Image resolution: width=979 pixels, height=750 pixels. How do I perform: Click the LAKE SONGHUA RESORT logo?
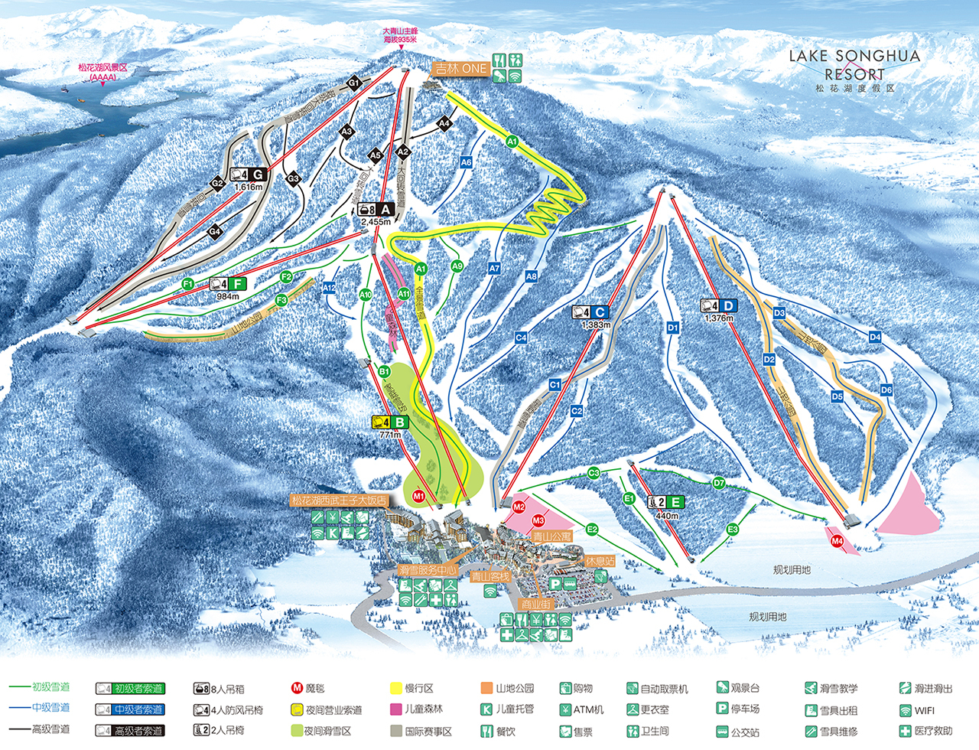point(854,70)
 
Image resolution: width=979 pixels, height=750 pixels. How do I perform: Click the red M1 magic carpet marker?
point(418,496)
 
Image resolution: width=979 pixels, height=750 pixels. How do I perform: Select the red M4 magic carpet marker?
point(837,541)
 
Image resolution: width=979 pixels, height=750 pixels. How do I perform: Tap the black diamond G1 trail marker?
point(353,83)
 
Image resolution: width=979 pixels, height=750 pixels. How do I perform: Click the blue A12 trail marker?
point(329,288)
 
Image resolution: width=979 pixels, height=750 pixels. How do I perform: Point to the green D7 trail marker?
point(719,483)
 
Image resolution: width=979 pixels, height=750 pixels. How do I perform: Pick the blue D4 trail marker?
point(875,337)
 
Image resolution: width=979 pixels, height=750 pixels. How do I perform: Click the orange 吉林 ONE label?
point(460,68)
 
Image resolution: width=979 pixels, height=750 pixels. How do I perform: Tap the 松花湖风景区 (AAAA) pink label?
point(102,72)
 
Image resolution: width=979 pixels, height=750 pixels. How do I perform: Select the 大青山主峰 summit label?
point(400,35)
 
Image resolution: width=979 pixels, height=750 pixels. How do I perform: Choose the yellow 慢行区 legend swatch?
point(396,689)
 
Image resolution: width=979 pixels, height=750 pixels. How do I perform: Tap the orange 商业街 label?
point(535,605)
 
